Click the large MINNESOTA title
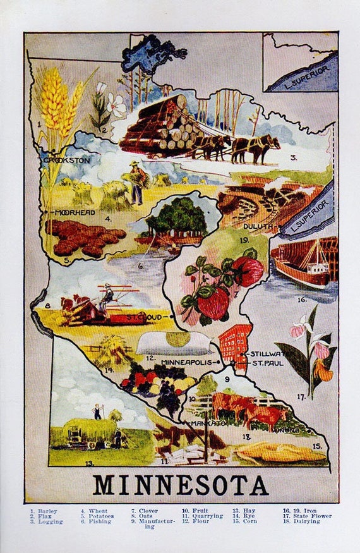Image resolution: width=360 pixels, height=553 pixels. (180, 485)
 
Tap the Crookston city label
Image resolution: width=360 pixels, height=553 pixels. (67, 161)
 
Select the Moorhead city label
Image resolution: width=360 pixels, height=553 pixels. (75, 213)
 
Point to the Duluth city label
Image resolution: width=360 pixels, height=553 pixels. (258, 226)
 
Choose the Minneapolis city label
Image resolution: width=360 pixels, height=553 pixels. (188, 363)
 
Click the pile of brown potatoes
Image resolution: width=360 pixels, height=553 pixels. (85, 238)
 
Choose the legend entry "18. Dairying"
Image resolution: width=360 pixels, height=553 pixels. (302, 522)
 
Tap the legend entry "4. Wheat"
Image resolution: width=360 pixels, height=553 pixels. (94, 511)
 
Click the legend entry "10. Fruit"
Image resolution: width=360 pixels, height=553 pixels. (195, 511)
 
